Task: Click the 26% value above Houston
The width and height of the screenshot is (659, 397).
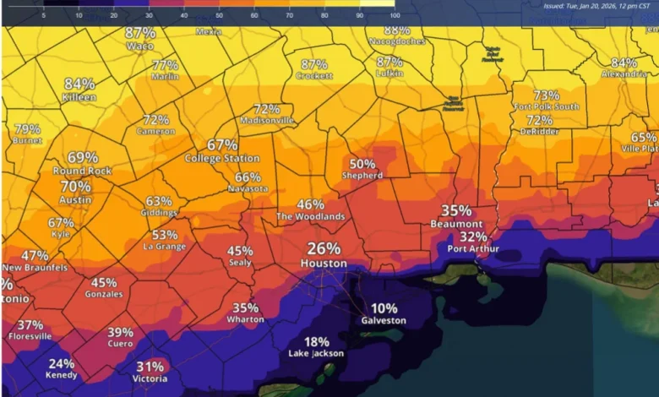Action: click(x=324, y=248)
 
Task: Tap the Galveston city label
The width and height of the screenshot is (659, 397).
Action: click(x=384, y=321)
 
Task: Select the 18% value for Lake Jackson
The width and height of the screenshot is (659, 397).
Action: click(x=317, y=341)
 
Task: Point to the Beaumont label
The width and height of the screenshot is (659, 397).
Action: click(x=456, y=224)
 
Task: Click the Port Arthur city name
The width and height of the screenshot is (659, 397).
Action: click(x=473, y=249)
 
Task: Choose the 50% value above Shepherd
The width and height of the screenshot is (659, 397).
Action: click(x=362, y=164)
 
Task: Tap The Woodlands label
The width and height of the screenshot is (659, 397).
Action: click(x=311, y=217)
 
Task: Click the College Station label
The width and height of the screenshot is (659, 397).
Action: click(x=222, y=158)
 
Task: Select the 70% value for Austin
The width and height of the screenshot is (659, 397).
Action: click(x=75, y=187)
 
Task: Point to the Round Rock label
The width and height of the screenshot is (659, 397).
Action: click(x=83, y=170)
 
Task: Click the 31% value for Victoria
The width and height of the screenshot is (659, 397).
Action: click(x=150, y=367)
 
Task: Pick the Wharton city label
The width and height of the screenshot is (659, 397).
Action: click(x=246, y=320)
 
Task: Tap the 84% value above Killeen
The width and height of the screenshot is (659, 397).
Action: click(x=79, y=84)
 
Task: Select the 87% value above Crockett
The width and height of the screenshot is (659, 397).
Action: click(x=314, y=64)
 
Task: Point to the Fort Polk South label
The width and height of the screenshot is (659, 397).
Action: click(x=547, y=106)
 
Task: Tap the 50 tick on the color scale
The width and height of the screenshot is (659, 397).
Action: click(x=219, y=15)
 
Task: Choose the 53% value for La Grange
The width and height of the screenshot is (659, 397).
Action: click(x=165, y=235)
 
